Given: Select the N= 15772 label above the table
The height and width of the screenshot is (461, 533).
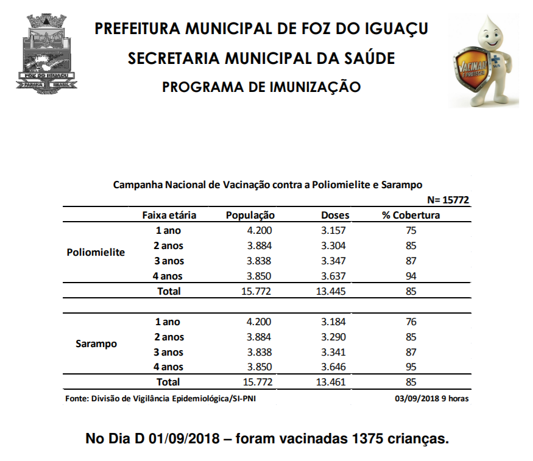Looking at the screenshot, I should coord(448,200).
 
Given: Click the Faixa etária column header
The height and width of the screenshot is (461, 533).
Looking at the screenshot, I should coord(169,215).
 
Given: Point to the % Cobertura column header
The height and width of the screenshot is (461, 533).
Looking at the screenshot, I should coord(411,215).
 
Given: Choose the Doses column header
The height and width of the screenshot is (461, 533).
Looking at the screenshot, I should coord(335,215).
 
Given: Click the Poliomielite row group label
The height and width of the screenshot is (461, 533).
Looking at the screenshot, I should coord(96,253).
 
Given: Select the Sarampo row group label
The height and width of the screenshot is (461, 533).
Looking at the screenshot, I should coord(96,344).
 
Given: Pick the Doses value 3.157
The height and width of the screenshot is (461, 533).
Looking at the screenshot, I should coord(333,230).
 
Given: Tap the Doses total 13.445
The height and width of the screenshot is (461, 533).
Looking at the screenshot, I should coord(330,291).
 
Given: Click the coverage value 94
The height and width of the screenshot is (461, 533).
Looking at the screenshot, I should coord(411,276).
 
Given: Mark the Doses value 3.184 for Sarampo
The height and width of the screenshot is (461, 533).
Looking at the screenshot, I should coord(333,322).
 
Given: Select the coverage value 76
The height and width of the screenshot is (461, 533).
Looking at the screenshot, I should coord(411,322).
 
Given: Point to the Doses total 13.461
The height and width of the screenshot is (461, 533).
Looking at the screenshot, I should coord(330,382).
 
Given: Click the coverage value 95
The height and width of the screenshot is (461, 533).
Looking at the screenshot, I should coord(411,367).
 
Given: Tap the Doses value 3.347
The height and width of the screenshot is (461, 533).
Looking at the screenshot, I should coord(333,261).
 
